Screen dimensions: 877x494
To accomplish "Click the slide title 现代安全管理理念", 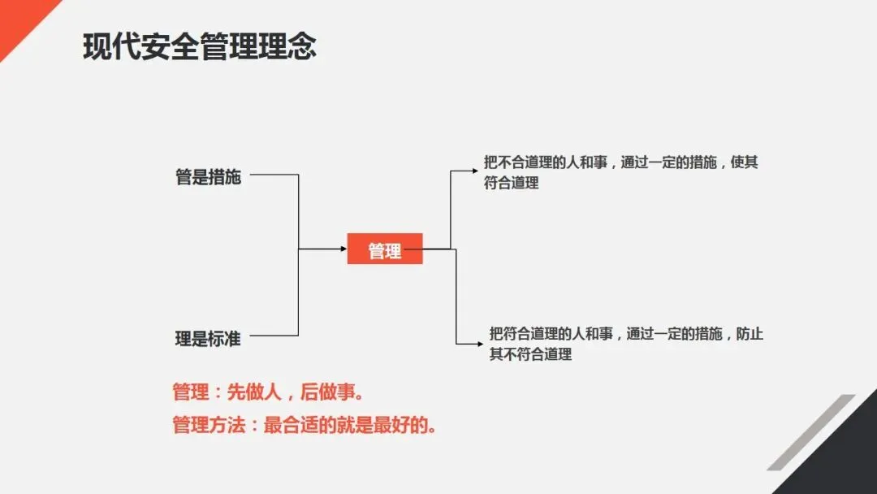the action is (x=199, y=47).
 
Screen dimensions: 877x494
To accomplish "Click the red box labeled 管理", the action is (x=385, y=249).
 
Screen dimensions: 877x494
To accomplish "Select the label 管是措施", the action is (x=208, y=176).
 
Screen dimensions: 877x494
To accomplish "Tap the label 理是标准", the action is (x=208, y=339).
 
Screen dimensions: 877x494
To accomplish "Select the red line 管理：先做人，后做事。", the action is (x=267, y=392).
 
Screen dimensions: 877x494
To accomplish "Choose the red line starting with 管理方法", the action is (x=305, y=424).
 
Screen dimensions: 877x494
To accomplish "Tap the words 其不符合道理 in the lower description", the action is (x=530, y=354).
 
